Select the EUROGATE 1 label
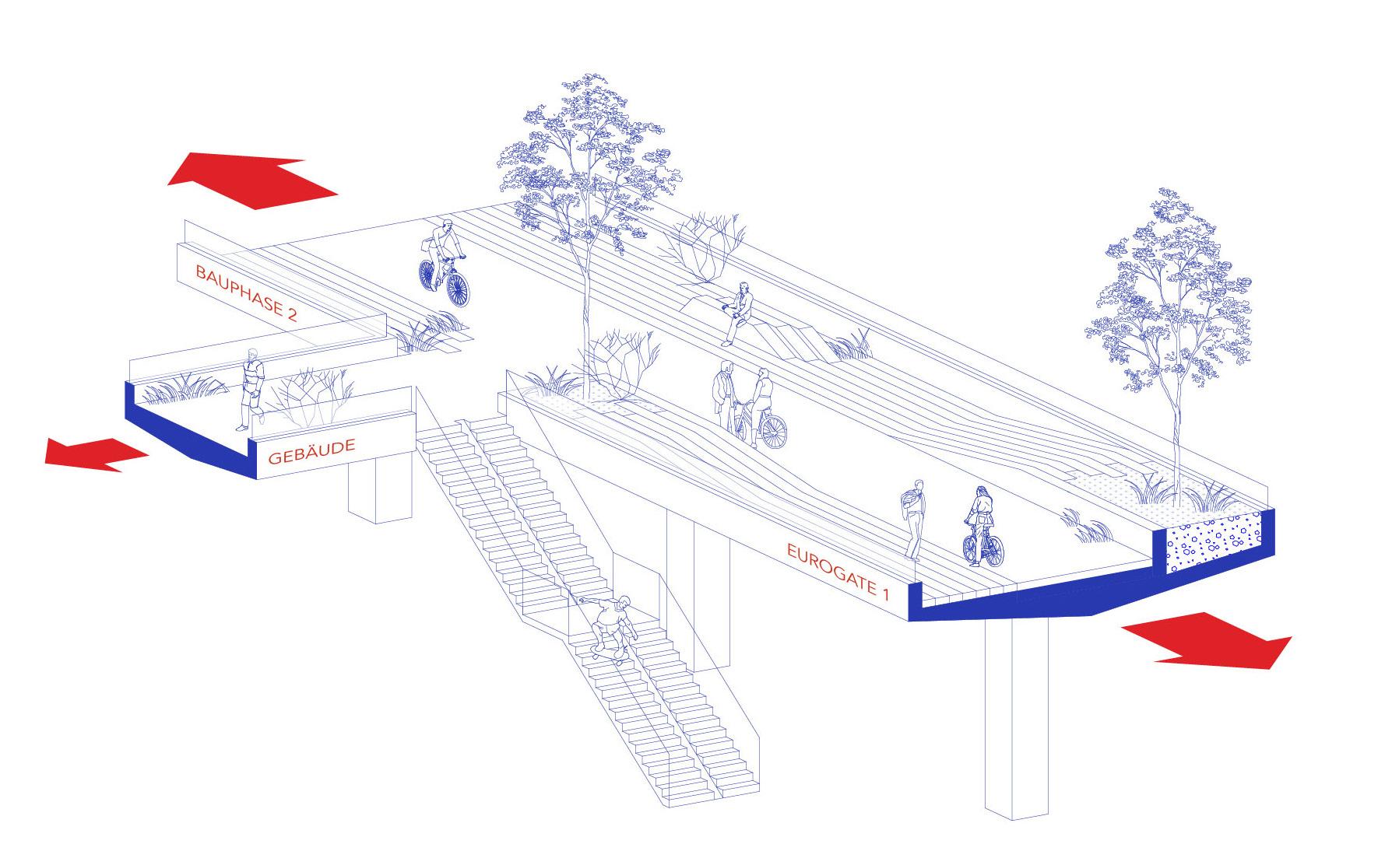tap(837, 572)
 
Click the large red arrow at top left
tap(251, 180)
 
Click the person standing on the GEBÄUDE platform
tap(251, 389)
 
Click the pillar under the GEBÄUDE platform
tap(380, 487)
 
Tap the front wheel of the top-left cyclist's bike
tap(459, 289)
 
